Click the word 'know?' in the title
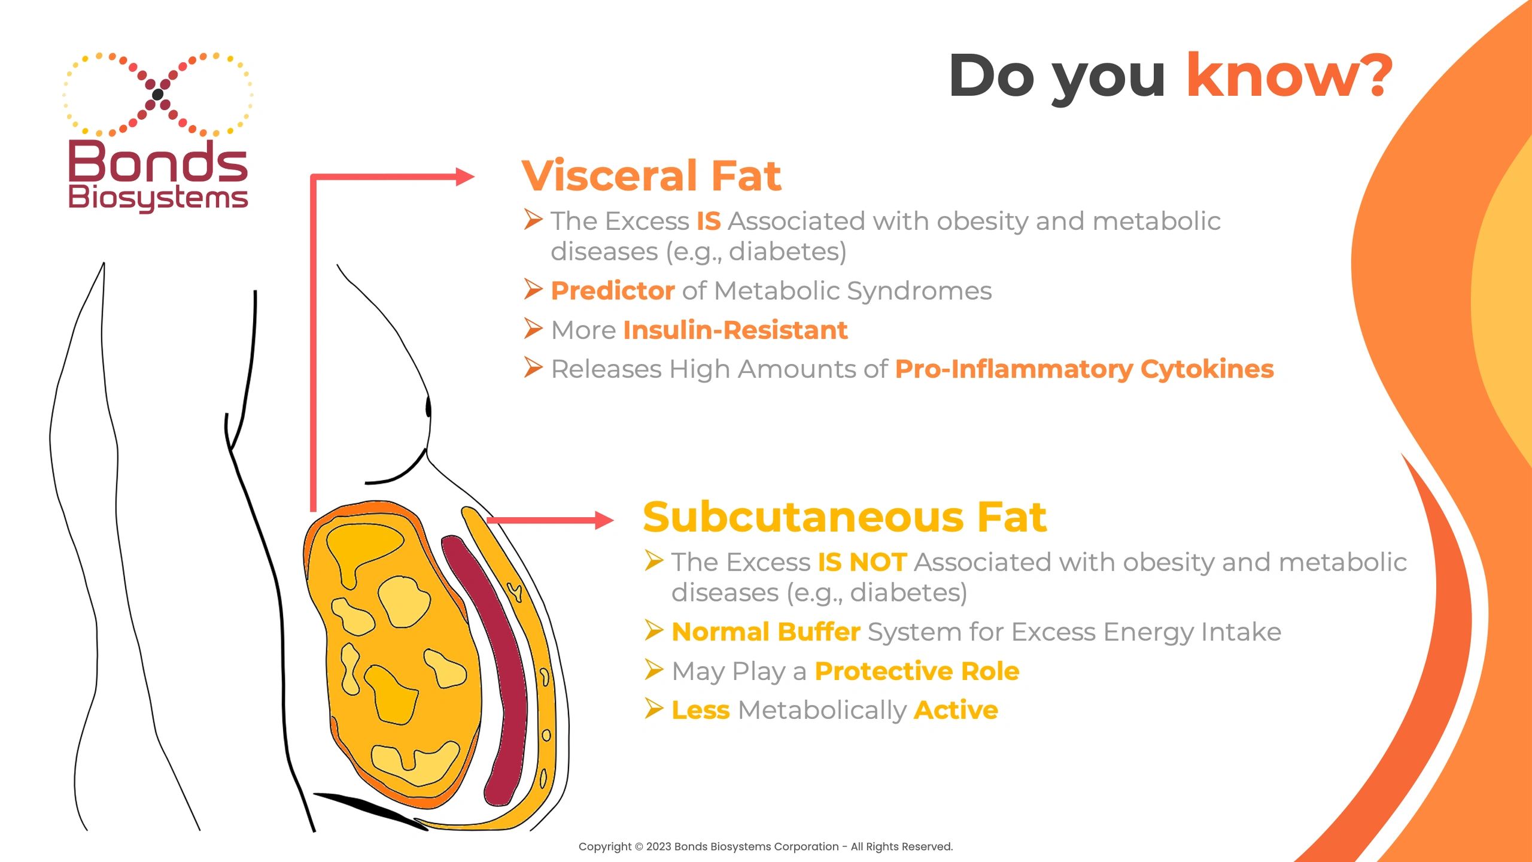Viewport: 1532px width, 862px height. (1289, 76)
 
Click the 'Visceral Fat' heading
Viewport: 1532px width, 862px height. (651, 176)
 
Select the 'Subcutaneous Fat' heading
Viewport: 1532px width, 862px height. (844, 517)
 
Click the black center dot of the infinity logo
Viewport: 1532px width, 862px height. (157, 94)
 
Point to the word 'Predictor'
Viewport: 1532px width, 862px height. (612, 291)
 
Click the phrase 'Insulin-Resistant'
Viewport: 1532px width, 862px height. (735, 330)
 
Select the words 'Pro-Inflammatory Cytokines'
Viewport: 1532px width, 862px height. (1084, 369)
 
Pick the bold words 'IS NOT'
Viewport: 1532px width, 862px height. (862, 563)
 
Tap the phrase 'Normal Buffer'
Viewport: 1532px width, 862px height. (765, 632)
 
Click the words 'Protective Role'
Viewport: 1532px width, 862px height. (917, 672)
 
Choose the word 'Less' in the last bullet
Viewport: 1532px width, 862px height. (700, 711)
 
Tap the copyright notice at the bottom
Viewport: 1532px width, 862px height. (765, 846)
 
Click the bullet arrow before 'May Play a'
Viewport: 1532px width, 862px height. (654, 670)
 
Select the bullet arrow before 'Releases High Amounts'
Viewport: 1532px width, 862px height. (533, 368)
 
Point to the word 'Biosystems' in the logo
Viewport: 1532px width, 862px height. (158, 198)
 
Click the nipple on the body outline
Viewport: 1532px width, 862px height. (428, 407)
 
